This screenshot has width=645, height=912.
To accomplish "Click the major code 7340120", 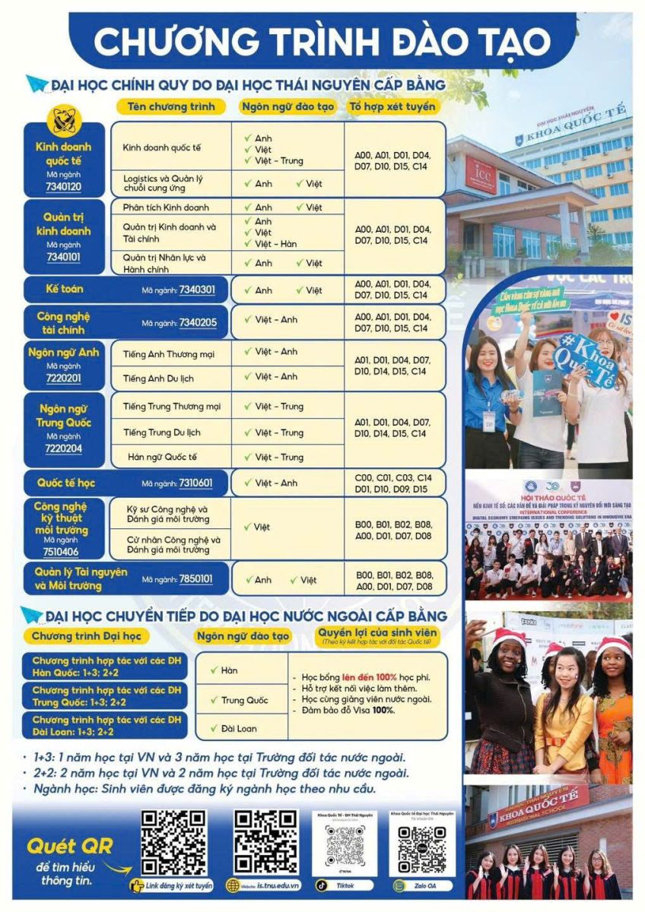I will click(x=64, y=187).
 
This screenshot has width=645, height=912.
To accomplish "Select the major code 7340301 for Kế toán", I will click(x=197, y=290).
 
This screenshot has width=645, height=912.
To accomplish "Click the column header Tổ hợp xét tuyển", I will click(x=392, y=106).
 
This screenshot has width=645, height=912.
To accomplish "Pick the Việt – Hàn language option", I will click(x=275, y=244).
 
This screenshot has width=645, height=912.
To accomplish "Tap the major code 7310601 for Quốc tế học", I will click(x=195, y=483).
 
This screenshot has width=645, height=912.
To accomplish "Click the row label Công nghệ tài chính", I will click(x=63, y=323).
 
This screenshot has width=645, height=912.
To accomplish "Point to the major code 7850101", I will click(x=195, y=580).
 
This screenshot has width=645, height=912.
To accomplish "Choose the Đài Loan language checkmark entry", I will click(x=238, y=728).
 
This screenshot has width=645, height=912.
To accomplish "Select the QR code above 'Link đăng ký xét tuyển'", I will click(x=173, y=841).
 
